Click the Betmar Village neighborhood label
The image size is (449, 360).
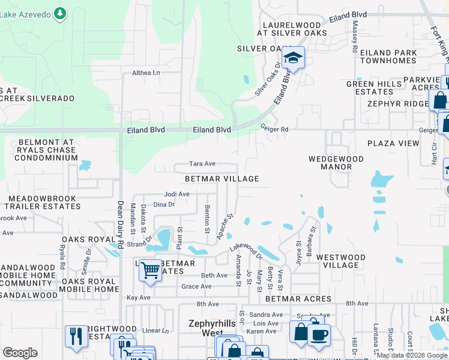click(222, 179)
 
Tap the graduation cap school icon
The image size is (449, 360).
click(293, 58)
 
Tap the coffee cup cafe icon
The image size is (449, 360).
click(319, 334)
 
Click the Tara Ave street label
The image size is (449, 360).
click(202, 164)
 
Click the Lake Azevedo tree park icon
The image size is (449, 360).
click(59, 12)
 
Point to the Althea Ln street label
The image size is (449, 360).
click(146, 73)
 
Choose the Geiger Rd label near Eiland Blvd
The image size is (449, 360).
click(274, 128)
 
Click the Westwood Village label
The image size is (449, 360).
click(340, 261)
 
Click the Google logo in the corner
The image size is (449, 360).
click(20, 353)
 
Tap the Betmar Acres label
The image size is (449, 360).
click(298, 299)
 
